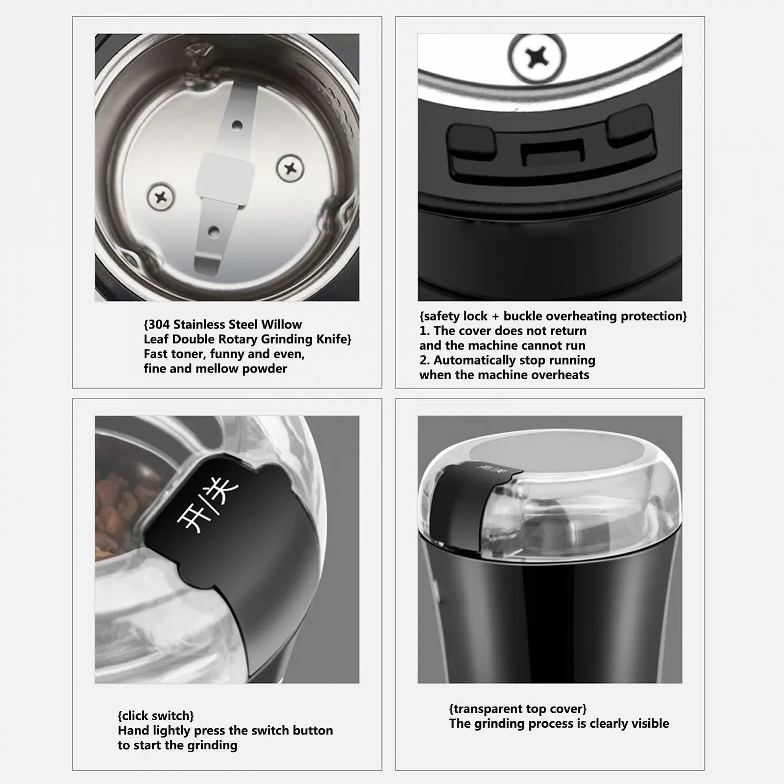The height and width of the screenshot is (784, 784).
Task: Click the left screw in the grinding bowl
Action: coord(161,197)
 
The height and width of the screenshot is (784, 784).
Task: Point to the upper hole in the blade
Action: coord(237,125)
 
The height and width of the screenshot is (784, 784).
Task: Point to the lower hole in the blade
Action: coord(213,232)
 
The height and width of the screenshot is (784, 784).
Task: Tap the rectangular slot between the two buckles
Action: coord(553,152)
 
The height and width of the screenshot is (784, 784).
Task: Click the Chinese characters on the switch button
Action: coord(208,506)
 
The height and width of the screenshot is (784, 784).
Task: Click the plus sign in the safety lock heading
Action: coord(495,317)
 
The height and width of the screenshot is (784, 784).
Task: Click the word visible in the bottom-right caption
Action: coord(648,724)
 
